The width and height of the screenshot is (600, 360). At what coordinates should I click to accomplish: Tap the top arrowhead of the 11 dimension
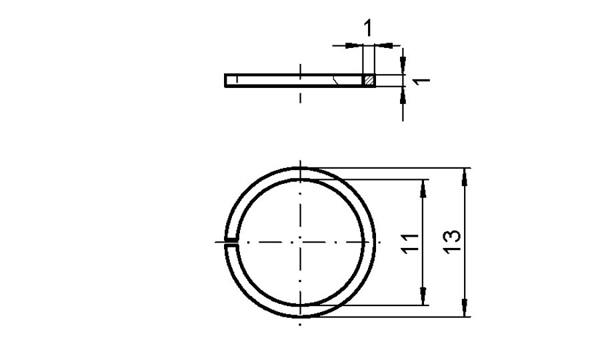pos(422,186)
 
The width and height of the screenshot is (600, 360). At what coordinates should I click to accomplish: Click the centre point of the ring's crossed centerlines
pos(301,241)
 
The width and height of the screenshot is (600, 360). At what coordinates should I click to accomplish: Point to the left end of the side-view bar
pos(227,80)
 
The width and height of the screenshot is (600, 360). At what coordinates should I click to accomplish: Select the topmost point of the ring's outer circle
pos(301,167)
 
